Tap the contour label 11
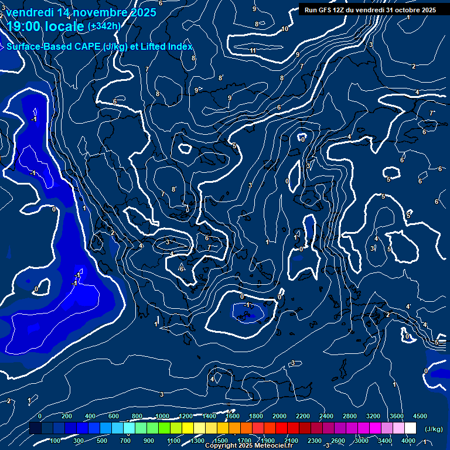pos(253,51)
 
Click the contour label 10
pos(285,29)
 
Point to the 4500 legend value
pos(420,416)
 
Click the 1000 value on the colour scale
pos(162,416)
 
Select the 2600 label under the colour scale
pos(338,441)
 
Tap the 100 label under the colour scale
pos(56,441)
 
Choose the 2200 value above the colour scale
pos(303,416)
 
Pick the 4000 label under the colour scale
pos(408,441)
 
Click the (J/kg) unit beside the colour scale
pos(434,429)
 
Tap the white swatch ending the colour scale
pos(410,428)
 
